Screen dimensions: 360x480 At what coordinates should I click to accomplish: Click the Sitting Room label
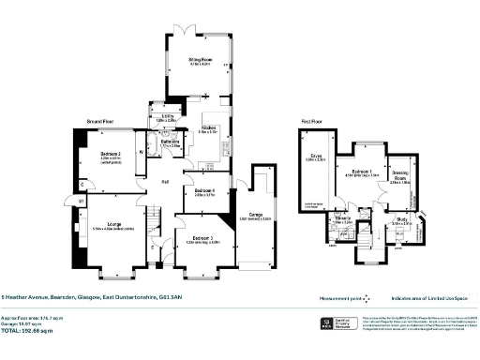tap(197, 59)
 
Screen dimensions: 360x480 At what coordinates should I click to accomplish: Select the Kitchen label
tap(209, 129)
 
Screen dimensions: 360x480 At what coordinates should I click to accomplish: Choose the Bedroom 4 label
tap(203, 190)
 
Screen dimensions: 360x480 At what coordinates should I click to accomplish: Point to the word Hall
tap(163, 181)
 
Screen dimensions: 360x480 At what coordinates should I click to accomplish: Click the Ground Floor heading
tap(102, 122)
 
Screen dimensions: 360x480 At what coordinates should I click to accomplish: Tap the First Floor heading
tap(311, 122)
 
